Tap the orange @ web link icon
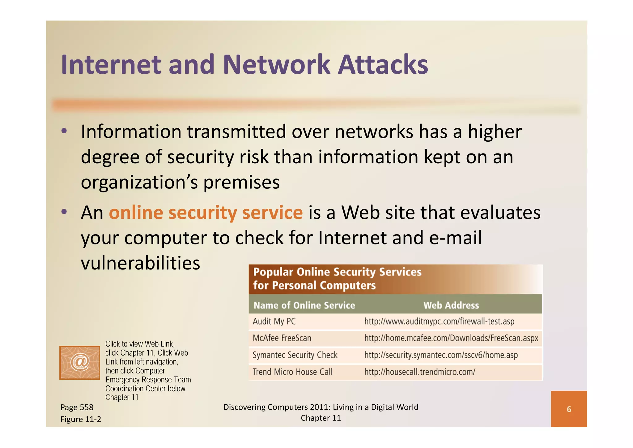click(80, 362)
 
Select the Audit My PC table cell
click(274, 321)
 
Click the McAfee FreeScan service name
click(282, 338)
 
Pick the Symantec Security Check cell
click(295, 355)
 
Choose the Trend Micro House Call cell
click(292, 372)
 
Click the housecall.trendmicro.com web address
click(420, 372)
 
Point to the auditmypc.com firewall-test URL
click(439, 321)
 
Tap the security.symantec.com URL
click(441, 355)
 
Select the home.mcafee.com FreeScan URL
click(451, 338)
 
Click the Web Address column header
click(451, 305)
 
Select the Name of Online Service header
click(304, 305)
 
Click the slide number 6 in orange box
click(569, 409)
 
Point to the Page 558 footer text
click(77, 407)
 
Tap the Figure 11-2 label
click(81, 419)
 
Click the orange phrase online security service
click(206, 213)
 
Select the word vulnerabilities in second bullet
click(140, 263)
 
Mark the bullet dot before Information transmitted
click(64, 131)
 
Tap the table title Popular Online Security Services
click(337, 272)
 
